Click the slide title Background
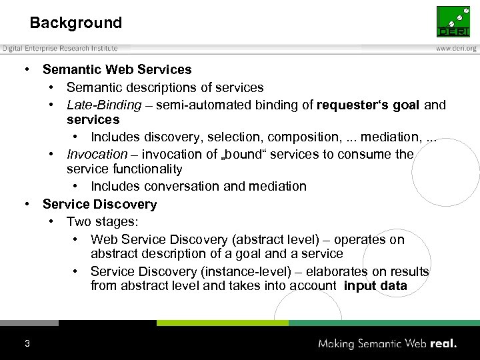(x=75, y=23)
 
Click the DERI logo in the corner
(x=453, y=21)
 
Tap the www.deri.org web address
(x=456, y=48)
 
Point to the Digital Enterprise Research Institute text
(x=60, y=48)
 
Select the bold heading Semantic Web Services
(x=117, y=69)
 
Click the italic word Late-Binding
(x=104, y=105)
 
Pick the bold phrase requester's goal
(x=369, y=105)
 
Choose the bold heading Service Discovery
(x=99, y=204)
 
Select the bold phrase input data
(x=375, y=286)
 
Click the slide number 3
(x=27, y=343)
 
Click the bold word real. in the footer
(x=443, y=343)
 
